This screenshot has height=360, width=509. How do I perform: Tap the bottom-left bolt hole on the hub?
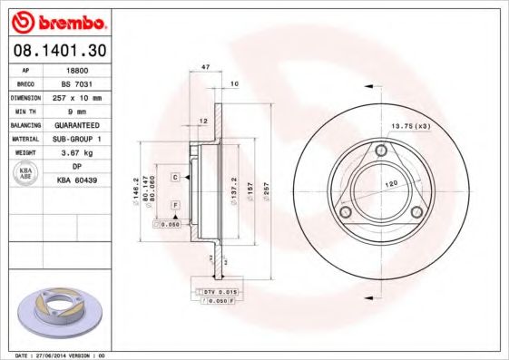coord(345,212)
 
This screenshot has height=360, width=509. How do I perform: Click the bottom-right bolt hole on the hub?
coord(416,212)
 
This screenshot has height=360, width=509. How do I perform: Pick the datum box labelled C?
coord(174,177)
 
